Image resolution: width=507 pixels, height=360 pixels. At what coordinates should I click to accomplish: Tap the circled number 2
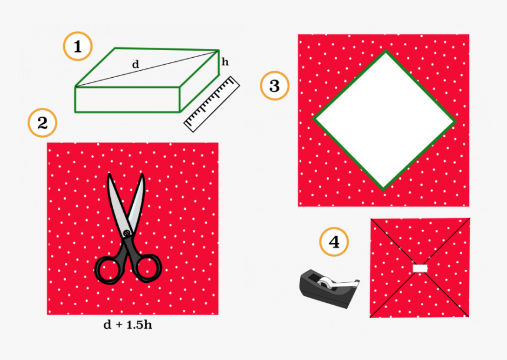coord(42,124)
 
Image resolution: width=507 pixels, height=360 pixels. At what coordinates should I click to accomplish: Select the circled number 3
coord(275,87)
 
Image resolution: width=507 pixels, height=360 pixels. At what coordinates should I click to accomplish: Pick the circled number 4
coord(334,242)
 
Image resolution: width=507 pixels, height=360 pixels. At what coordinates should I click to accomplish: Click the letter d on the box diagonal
coord(136,65)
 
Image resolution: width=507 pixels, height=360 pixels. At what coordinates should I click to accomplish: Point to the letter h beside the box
coord(225,61)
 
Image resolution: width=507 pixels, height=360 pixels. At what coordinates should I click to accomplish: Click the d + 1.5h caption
coord(127,325)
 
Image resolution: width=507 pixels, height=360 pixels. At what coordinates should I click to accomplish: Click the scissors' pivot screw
coord(126,233)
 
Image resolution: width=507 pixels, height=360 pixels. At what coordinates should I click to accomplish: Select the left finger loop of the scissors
coord(108,270)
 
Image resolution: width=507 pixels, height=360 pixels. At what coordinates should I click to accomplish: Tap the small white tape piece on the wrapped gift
coord(420,269)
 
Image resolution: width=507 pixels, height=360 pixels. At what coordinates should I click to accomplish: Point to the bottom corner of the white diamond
coord(384,189)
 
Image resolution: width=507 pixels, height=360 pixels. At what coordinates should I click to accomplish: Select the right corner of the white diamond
coord(455,122)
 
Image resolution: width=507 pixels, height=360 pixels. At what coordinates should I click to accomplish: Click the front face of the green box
coord(127,99)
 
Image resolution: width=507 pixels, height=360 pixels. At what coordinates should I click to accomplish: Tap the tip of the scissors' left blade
coord(109,176)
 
